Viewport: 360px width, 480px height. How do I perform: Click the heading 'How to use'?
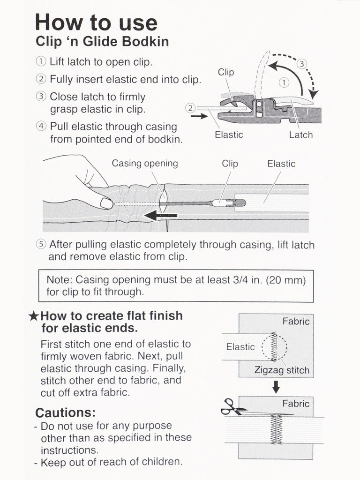(96, 22)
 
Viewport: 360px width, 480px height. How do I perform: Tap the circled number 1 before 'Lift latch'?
(41, 62)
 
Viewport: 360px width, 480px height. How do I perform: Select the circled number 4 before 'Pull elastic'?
(41, 127)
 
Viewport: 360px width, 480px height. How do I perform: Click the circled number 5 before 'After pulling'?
(41, 245)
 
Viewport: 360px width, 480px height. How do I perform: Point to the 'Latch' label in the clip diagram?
(300, 135)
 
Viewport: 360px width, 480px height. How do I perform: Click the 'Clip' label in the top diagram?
(226, 72)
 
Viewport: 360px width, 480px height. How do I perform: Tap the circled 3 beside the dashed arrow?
(302, 63)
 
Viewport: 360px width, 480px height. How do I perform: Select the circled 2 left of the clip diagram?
(190, 108)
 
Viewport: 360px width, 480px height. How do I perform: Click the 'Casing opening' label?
(145, 164)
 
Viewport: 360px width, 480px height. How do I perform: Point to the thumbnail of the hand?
(106, 203)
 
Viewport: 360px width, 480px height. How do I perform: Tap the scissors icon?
(232, 406)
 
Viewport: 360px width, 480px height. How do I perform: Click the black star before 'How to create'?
(33, 316)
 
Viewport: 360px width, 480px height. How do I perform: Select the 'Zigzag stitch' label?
(282, 370)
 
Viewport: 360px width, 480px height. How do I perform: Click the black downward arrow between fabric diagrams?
(276, 386)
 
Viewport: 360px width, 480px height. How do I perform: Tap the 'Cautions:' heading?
(65, 413)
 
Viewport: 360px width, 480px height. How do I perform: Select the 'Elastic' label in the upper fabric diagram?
(240, 347)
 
